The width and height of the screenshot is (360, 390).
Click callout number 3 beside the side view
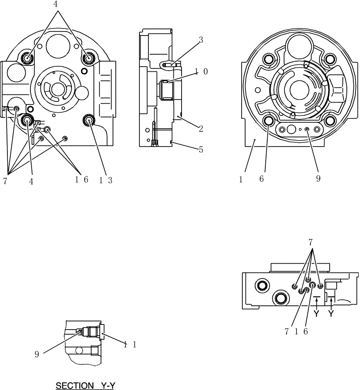tap(200, 40)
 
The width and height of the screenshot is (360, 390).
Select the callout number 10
tap(201, 72)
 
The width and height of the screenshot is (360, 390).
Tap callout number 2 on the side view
tap(201, 128)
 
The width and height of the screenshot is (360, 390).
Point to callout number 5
tap(201, 149)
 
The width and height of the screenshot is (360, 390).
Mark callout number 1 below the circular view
tap(241, 179)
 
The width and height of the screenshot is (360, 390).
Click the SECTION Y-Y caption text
tap(86, 386)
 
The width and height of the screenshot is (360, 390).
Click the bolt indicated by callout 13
tap(88, 121)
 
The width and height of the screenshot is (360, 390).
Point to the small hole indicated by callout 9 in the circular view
tap(307, 129)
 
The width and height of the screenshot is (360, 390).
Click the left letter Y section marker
tap(316, 313)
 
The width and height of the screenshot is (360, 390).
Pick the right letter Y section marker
tap(331, 313)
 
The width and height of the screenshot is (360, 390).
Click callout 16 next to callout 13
tap(82, 180)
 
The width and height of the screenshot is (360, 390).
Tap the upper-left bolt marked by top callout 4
tap(28, 58)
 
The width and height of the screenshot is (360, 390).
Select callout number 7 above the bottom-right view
tap(311, 242)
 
